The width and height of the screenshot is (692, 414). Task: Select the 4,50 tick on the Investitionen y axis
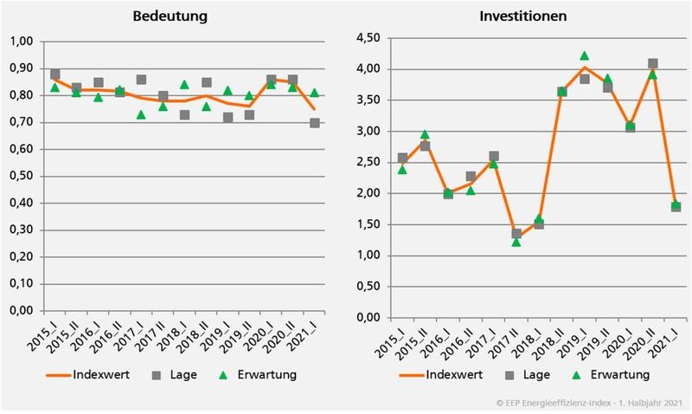point(365,38)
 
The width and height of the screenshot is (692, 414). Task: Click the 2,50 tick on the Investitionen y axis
point(365,162)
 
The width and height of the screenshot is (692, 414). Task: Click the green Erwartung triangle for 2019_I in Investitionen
point(585,56)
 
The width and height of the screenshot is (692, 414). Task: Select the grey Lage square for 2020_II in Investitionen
point(652,64)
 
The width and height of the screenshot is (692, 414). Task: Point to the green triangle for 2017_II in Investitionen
point(517,242)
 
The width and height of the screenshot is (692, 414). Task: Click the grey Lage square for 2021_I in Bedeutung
point(314,123)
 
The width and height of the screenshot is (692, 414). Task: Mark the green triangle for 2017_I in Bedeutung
point(141,114)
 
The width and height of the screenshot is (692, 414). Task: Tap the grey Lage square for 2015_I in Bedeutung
point(55,74)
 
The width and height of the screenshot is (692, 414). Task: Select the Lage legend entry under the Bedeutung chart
point(176,374)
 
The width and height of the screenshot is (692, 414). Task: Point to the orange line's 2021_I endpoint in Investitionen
point(675,205)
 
